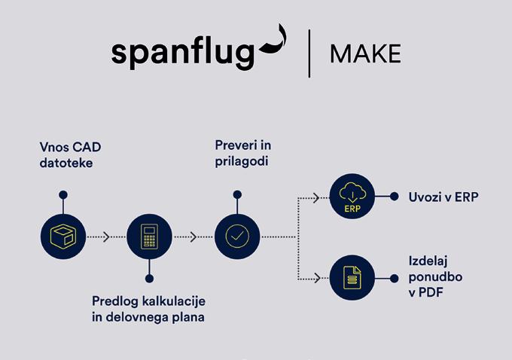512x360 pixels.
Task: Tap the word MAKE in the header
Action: pyautogui.click(x=365, y=53)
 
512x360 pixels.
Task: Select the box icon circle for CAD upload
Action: pyautogui.click(x=63, y=236)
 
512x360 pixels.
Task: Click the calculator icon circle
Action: pyautogui.click(x=150, y=236)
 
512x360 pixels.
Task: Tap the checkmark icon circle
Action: pyautogui.click(x=237, y=236)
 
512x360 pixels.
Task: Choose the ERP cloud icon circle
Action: pyautogui.click(x=352, y=197)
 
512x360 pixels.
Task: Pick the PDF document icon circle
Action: pyautogui.click(x=352, y=278)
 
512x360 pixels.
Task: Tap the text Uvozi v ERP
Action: pyautogui.click(x=443, y=197)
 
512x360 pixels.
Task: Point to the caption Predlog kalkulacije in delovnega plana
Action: pyautogui.click(x=148, y=309)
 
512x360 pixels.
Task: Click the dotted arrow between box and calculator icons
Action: pyautogui.click(x=106, y=236)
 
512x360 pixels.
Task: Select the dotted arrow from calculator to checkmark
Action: pyautogui.click(x=194, y=236)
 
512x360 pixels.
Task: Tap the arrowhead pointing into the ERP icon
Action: pyautogui.click(x=318, y=197)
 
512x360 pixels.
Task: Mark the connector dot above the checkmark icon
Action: pyautogui.click(x=237, y=194)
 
